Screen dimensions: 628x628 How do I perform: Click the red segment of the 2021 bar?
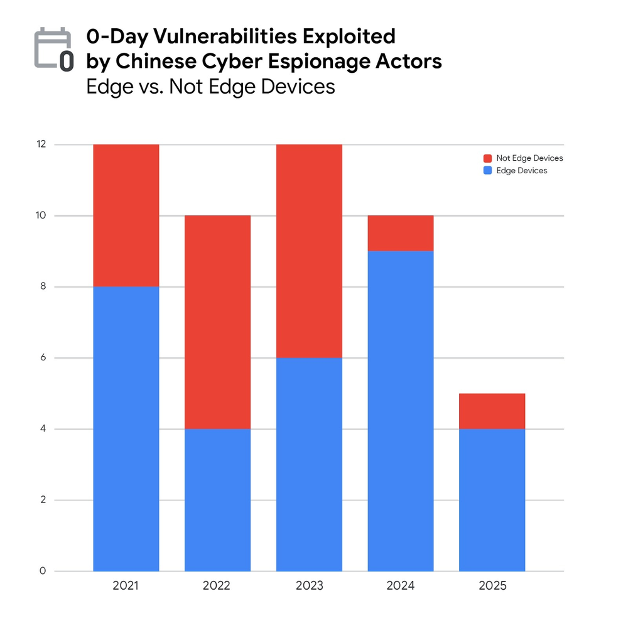click(x=126, y=215)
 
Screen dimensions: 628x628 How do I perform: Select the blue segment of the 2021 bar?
click(x=126, y=429)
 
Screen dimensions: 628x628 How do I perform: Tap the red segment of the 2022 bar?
click(x=217, y=322)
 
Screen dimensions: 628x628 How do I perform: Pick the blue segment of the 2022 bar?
click(x=217, y=500)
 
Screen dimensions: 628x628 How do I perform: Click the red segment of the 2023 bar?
click(x=309, y=251)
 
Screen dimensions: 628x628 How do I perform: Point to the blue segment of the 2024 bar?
click(x=401, y=411)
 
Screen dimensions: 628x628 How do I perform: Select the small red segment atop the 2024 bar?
click(x=401, y=233)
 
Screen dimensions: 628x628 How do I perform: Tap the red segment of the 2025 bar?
click(x=492, y=411)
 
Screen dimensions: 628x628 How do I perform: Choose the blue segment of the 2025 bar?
click(x=492, y=500)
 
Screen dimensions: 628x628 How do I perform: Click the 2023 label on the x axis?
click(x=309, y=587)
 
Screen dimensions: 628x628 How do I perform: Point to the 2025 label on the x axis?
click(x=492, y=587)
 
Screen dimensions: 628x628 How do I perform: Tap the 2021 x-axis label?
click(x=126, y=587)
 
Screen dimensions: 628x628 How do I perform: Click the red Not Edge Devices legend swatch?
click(x=487, y=158)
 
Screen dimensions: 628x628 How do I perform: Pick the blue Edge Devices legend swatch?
click(x=487, y=171)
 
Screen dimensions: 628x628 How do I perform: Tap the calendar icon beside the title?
click(x=53, y=48)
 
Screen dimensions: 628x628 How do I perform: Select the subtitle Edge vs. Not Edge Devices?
click(x=210, y=86)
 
